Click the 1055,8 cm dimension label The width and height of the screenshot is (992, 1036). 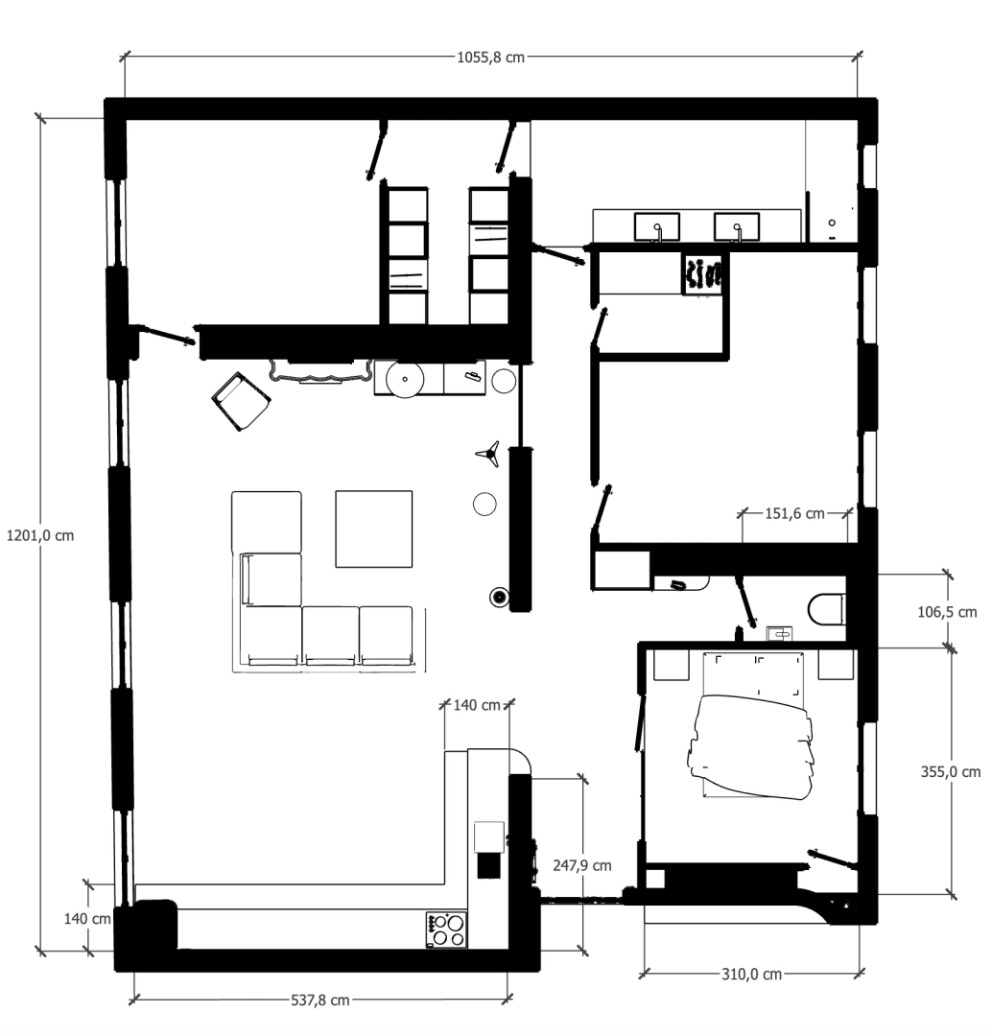point(490,57)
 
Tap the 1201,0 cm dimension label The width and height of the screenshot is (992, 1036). point(39,535)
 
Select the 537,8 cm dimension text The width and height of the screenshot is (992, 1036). point(319,1000)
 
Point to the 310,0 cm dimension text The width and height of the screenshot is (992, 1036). point(752,974)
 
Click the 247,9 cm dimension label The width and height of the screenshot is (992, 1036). point(582,864)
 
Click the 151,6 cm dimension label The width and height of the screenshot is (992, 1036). point(795,513)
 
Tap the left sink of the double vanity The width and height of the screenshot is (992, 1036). point(657,227)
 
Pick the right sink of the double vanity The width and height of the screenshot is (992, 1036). point(737,227)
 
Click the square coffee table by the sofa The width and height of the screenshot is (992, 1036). point(373,529)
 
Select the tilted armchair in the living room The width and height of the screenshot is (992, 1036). point(239,400)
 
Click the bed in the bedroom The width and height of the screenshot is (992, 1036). point(753,739)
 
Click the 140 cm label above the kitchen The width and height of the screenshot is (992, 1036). point(477,705)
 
